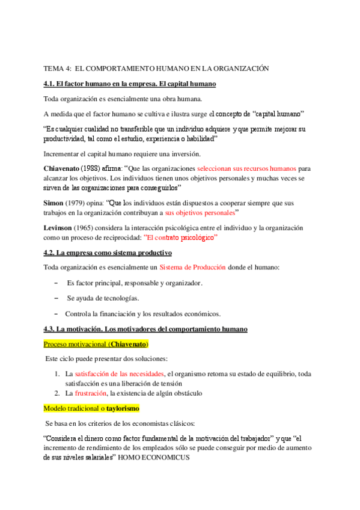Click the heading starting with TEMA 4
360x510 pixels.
pyautogui.click(x=156, y=69)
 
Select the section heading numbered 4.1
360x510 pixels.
pyautogui.click(x=130, y=84)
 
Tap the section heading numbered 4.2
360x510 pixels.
pyautogui.click(x=108, y=253)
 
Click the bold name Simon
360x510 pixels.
pyautogui.click(x=56, y=203)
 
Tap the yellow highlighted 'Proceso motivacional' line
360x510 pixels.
pyautogui.click(x=96, y=345)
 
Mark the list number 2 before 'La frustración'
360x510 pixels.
pyautogui.click(x=56, y=393)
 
